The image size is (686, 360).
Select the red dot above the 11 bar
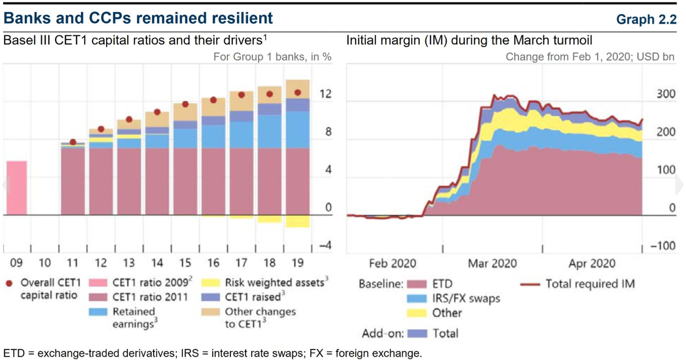pyautogui.click(x=73, y=142)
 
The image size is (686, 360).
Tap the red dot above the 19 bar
pyautogui.click(x=298, y=93)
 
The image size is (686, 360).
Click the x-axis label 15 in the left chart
pyautogui.click(x=185, y=263)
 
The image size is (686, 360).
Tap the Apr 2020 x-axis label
pyautogui.click(x=592, y=263)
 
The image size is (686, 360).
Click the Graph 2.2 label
pyautogui.click(x=646, y=20)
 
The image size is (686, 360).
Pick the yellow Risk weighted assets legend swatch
pyautogui.click(x=211, y=283)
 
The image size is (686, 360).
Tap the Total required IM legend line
pyautogui.click(x=530, y=284)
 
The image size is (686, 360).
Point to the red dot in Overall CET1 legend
pyautogui.click(x=9, y=283)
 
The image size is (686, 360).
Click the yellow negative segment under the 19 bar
pyautogui.click(x=298, y=221)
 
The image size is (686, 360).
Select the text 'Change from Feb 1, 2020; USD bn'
pyautogui.click(x=590, y=57)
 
